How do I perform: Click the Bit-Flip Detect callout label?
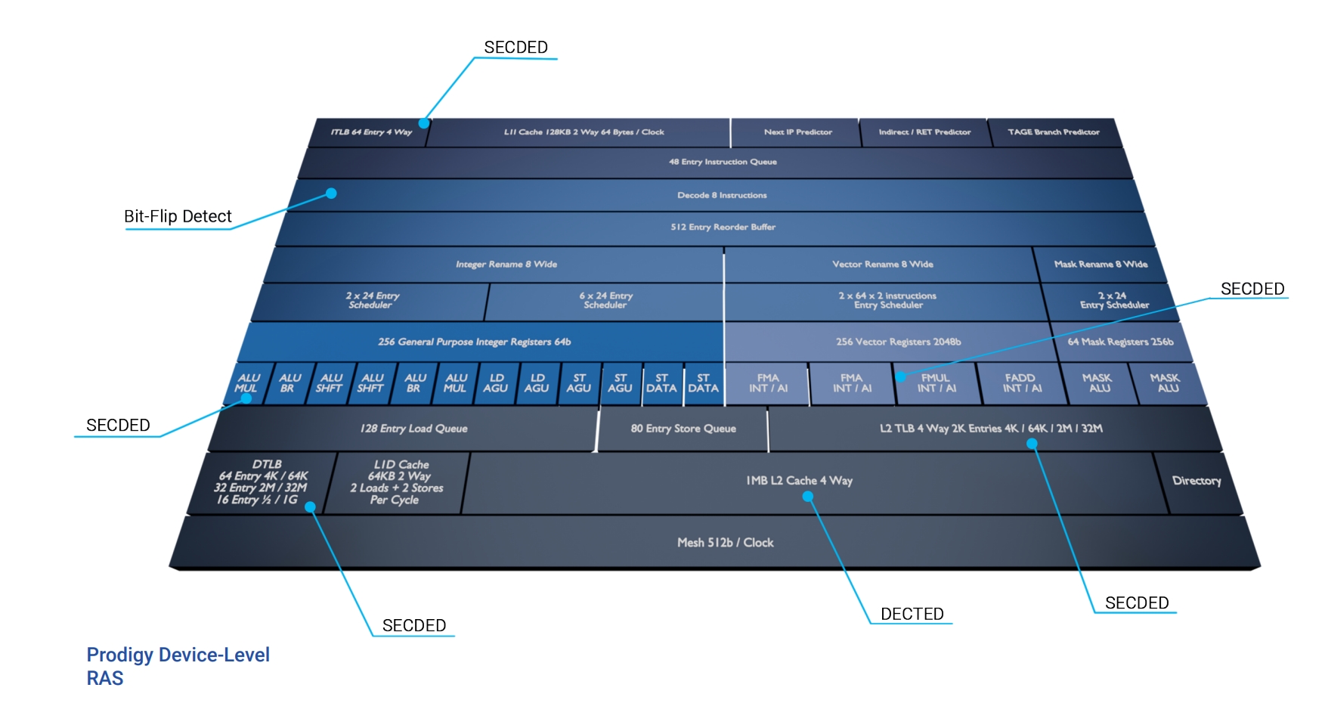178,216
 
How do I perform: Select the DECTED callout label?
912,614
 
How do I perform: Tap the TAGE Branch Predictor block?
1053,132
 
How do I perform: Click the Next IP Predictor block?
797,132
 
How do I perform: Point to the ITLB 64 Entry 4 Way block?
370,132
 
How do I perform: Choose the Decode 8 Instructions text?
722,195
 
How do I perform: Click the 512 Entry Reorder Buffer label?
723,227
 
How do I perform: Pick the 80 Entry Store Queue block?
683,429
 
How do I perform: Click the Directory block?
1197,481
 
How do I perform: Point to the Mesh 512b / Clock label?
725,543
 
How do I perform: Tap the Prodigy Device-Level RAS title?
178,666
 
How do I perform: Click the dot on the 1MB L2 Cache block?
807,497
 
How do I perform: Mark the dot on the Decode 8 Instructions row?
331,194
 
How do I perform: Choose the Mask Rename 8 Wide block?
1101,265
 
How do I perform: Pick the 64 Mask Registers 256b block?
1120,342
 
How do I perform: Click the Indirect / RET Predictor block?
924,132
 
